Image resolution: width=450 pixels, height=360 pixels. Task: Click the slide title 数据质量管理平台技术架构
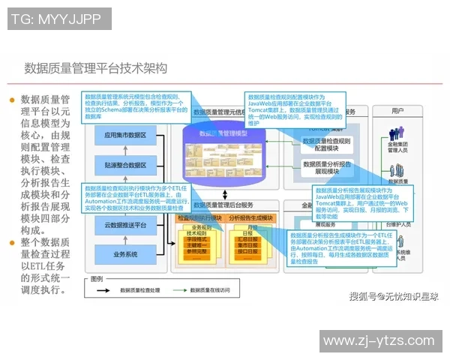95,68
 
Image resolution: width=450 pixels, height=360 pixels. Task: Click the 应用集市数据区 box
125,136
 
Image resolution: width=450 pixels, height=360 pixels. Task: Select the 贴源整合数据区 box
125,165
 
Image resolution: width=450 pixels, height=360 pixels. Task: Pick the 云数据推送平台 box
125,225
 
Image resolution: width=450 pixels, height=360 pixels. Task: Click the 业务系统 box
125,254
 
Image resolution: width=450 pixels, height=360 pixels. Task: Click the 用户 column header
398,111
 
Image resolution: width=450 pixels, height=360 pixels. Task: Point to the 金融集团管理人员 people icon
397,133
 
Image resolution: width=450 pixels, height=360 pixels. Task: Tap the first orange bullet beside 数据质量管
11,100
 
